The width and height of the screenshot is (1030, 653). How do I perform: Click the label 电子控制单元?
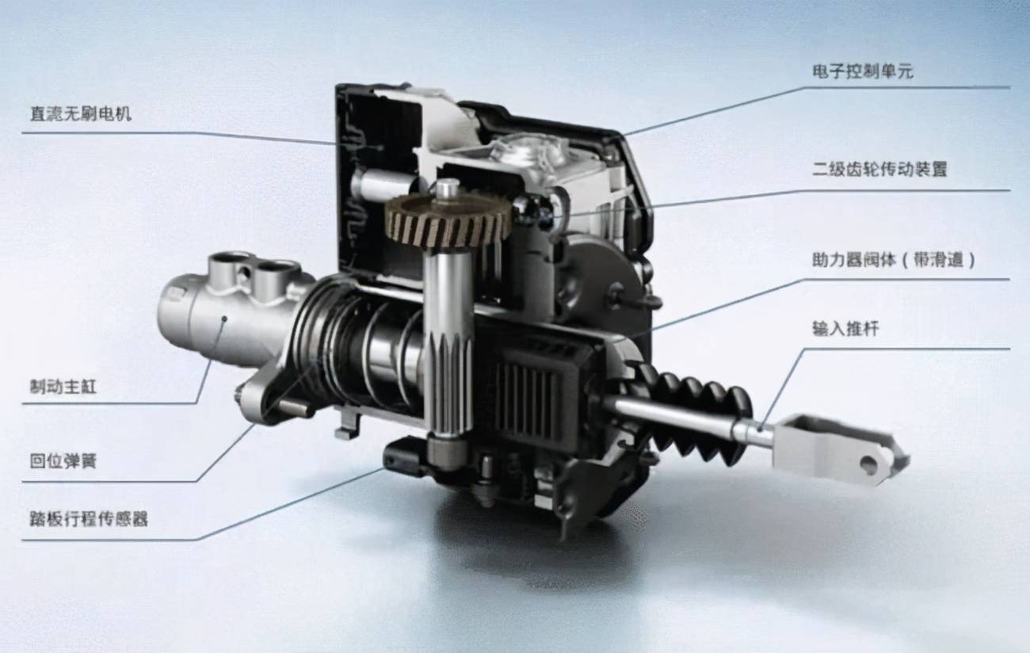coord(863,71)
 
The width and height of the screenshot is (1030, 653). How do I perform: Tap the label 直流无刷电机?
coord(81,113)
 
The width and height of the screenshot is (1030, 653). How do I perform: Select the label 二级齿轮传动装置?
coord(879,169)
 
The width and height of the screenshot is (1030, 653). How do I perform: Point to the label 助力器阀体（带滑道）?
coord(893,260)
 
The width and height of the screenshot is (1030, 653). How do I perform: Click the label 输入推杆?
coord(845,328)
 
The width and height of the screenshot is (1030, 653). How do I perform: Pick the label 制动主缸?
coord(63,386)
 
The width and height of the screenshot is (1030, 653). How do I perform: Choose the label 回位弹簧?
coord(63,460)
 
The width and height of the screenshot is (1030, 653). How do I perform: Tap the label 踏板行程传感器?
coord(89,519)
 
